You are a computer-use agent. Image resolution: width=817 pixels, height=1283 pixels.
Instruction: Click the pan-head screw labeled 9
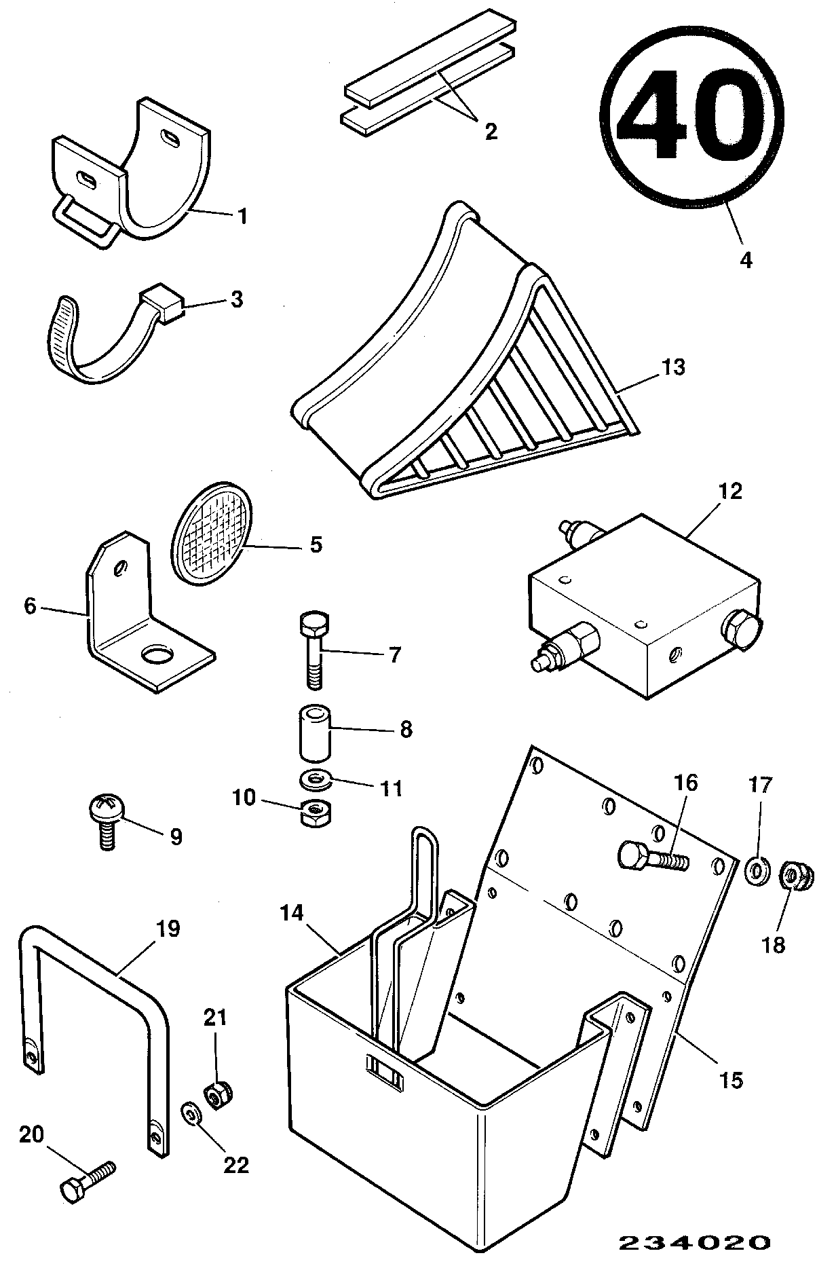[104, 821]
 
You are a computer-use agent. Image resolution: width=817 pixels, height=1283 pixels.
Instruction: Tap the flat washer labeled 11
[316, 779]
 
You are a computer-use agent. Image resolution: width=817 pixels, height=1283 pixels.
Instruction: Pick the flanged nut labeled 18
[793, 876]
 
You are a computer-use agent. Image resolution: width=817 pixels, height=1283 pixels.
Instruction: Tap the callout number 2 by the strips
[491, 130]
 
